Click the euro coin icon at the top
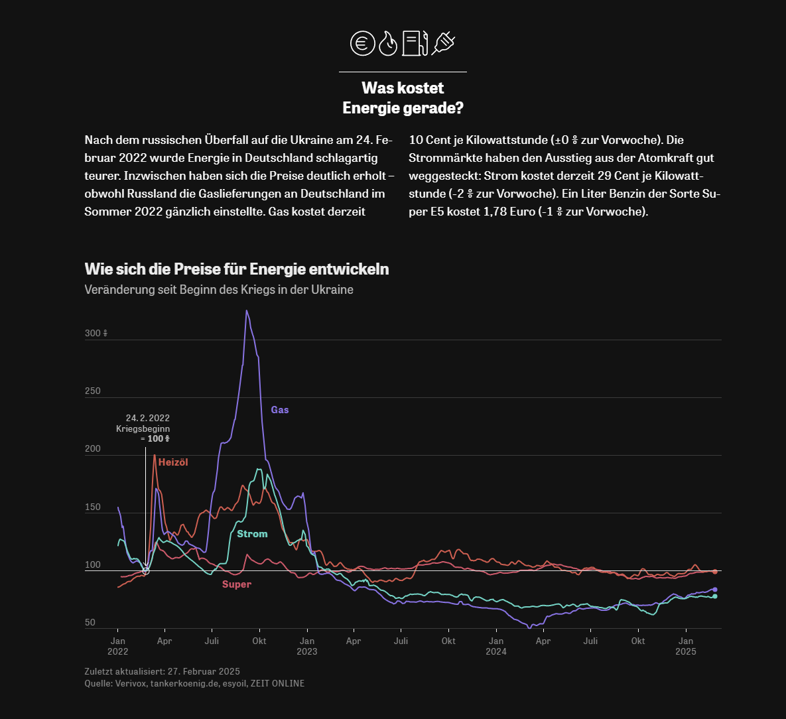tap(362, 43)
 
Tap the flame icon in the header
tap(388, 44)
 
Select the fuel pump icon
tap(415, 43)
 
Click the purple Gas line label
tap(280, 410)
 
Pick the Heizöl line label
tap(173, 462)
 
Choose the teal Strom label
tap(252, 534)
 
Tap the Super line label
tap(237, 584)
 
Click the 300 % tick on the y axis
tap(96, 333)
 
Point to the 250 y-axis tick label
tap(93, 391)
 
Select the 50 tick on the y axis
tap(90, 622)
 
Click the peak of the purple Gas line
tap(246, 311)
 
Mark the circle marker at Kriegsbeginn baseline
tap(146, 570)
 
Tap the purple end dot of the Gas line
tap(715, 590)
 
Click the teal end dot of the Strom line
tap(715, 596)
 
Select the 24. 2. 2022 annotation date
tap(148, 418)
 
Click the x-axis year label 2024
tap(495, 651)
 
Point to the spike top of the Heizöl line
tap(155, 455)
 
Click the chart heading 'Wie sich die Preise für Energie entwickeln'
tap(237, 269)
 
